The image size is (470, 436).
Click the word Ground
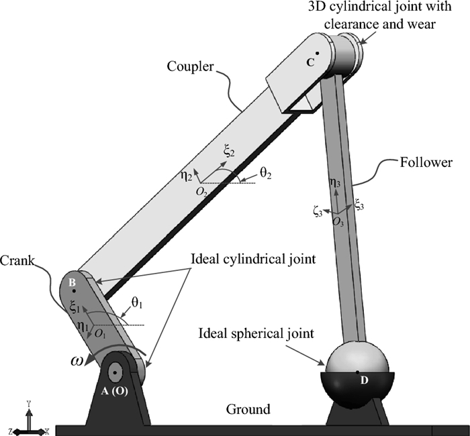click(248, 409)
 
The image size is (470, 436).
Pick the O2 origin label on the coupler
click(201, 191)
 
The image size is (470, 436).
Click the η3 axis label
click(334, 180)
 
